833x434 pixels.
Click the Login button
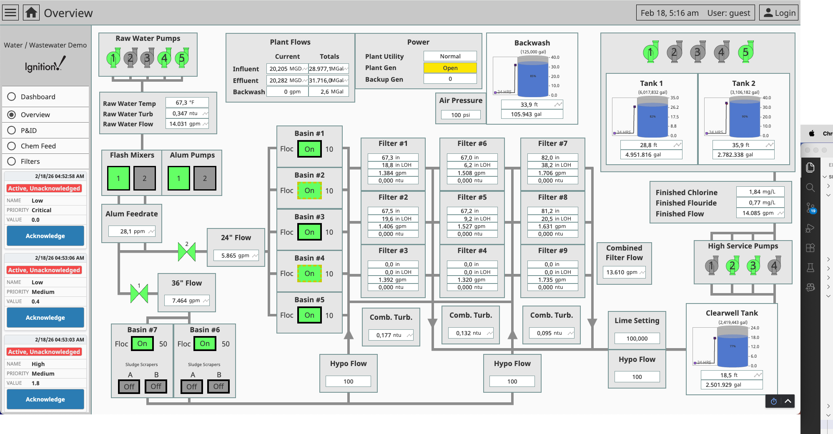click(x=779, y=13)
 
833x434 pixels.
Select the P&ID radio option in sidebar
click(x=12, y=130)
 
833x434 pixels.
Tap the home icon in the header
click(x=31, y=13)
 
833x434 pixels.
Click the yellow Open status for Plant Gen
click(x=450, y=68)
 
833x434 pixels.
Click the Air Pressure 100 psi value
click(x=460, y=115)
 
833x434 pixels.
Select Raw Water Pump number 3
click(x=147, y=58)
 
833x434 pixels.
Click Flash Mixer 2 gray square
click(x=144, y=178)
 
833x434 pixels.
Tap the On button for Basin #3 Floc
click(x=309, y=232)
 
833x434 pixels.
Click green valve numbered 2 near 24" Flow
click(x=187, y=252)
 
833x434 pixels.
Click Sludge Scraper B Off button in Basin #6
click(x=218, y=386)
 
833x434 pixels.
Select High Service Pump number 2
click(x=732, y=266)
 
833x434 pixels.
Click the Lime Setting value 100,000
click(x=637, y=339)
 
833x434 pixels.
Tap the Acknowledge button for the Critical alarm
click(x=45, y=236)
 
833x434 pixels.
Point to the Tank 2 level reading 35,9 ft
click(x=740, y=145)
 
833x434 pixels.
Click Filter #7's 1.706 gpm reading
click(x=552, y=173)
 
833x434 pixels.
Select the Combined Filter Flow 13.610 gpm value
click(x=622, y=272)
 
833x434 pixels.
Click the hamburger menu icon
click(x=10, y=13)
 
